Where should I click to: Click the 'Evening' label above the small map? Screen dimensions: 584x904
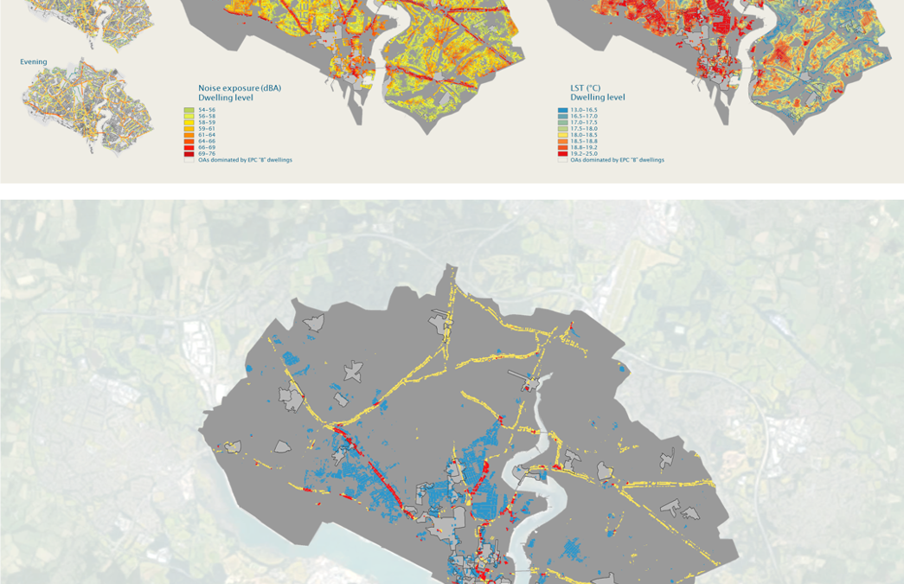(34, 62)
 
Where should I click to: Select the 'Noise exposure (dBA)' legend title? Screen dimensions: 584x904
(239, 88)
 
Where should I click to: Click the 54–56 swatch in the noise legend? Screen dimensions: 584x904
(189, 110)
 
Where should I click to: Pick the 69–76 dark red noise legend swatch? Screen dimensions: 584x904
(189, 153)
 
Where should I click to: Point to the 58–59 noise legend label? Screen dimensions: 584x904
(207, 122)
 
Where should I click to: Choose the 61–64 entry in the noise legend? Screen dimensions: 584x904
(207, 135)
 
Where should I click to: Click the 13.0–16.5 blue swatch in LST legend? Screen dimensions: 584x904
(562, 110)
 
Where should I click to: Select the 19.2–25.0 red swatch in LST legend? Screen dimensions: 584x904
(562, 153)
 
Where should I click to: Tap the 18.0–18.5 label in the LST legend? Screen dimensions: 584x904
(583, 135)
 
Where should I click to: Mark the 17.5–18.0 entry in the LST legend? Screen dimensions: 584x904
(583, 129)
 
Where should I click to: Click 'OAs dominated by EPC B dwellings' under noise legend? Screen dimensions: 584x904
(245, 160)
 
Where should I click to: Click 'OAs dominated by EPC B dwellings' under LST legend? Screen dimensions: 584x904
(617, 160)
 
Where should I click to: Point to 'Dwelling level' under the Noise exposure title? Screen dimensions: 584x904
(226, 98)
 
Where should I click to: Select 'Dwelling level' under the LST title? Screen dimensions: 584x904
(597, 98)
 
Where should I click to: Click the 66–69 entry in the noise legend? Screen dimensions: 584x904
(207, 147)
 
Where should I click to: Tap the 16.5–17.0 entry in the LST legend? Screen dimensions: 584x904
(583, 116)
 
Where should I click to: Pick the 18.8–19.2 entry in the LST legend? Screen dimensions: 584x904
(583, 147)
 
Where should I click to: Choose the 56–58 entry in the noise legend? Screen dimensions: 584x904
(207, 116)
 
